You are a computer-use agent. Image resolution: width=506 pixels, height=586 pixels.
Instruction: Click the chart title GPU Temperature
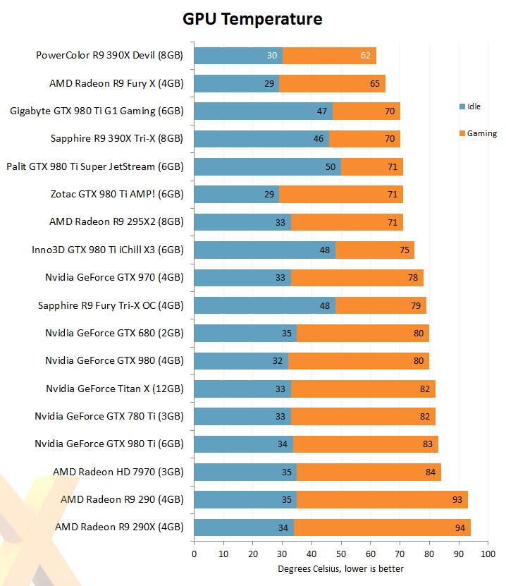tap(252, 19)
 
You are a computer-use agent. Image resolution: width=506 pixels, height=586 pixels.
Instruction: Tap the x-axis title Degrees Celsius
tap(340, 569)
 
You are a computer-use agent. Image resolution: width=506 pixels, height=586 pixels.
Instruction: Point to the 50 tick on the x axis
tap(341, 554)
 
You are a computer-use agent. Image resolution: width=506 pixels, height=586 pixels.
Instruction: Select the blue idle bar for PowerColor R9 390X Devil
tap(238, 56)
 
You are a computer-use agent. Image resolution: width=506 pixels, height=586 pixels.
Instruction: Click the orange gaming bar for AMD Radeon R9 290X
tap(382, 527)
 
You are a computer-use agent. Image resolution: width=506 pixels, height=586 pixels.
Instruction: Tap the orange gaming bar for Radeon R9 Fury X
tap(332, 83)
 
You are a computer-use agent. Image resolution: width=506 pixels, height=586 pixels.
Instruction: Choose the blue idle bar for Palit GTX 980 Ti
tap(267, 166)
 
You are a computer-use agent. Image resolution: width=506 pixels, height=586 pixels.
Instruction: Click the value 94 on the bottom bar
tap(460, 527)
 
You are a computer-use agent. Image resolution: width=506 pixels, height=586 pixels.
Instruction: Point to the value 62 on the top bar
tap(366, 56)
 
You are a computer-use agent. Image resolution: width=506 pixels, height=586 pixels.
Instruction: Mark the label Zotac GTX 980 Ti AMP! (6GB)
tap(117, 194)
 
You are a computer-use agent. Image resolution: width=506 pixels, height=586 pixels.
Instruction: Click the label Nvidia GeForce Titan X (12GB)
tap(114, 389)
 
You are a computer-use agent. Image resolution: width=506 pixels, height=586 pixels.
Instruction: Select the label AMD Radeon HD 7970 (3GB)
tap(118, 472)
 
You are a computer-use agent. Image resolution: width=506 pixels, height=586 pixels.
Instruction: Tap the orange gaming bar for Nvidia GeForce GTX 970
tap(357, 278)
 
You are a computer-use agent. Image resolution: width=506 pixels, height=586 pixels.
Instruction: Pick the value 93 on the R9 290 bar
tap(457, 500)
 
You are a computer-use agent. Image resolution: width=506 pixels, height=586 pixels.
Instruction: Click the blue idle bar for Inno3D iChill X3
tap(264, 250)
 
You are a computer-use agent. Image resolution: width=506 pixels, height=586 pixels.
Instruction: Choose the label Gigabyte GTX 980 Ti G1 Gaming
tap(97, 111)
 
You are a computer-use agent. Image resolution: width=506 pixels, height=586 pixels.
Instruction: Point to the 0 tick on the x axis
tap(194, 554)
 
